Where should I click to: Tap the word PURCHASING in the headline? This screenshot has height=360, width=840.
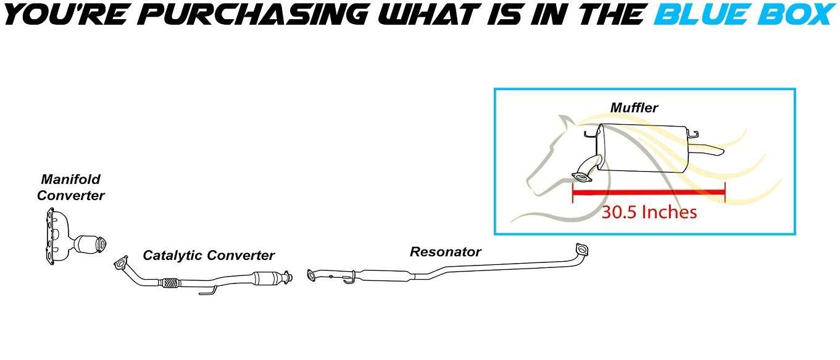[x=256, y=14]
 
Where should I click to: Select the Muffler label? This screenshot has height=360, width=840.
[x=634, y=107]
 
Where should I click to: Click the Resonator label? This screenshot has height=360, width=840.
[x=446, y=251]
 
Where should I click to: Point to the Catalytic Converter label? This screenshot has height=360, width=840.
[x=209, y=256]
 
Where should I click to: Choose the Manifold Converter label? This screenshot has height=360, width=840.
[x=70, y=187]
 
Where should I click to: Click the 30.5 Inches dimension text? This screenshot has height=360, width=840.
[x=649, y=212]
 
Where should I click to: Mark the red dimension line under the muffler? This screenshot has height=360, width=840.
[x=649, y=193]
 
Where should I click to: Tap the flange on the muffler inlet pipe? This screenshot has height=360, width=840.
[x=581, y=177]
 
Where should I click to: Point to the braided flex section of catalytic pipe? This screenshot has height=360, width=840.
[x=170, y=283]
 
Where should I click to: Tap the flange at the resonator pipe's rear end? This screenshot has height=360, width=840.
[x=581, y=250]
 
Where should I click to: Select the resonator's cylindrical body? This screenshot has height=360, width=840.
[x=385, y=276]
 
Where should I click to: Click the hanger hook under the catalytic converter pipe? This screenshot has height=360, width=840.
[x=207, y=291]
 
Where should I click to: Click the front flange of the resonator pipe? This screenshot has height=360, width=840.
[x=312, y=275]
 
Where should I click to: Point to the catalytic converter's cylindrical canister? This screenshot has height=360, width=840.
[x=268, y=278]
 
